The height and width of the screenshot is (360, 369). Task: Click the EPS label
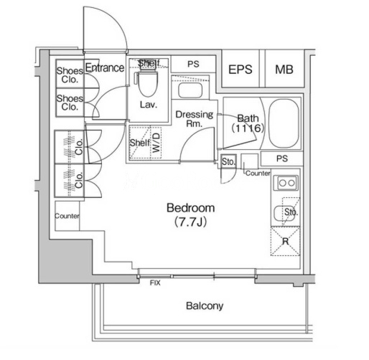pyautogui.click(x=240, y=70)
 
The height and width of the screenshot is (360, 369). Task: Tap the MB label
pyautogui.click(x=284, y=70)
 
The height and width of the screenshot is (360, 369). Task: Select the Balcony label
pyautogui.click(x=205, y=305)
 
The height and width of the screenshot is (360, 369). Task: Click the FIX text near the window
pyautogui.click(x=155, y=283)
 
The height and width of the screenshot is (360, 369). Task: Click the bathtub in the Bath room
pyautogui.click(x=284, y=123)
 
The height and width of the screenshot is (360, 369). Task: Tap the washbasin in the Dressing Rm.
pyautogui.click(x=190, y=90)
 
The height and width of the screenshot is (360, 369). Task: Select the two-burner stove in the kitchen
pyautogui.click(x=286, y=183)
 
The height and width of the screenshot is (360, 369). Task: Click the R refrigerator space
pyautogui.click(x=285, y=241)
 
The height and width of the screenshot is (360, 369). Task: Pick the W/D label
pyautogui.click(x=156, y=143)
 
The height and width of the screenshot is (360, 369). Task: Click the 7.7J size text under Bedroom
pyautogui.click(x=190, y=222)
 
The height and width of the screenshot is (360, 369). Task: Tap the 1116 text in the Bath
pyautogui.click(x=248, y=128)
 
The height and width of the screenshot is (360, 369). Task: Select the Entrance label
pyautogui.click(x=105, y=67)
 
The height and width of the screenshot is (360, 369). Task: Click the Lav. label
pyautogui.click(x=149, y=105)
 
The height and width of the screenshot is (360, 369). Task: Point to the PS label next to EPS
pyautogui.click(x=193, y=64)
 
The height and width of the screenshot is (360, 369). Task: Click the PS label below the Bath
pyautogui.click(x=282, y=158)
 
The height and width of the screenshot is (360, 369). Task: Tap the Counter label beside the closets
pyautogui.click(x=67, y=216)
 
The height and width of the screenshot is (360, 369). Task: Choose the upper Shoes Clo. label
pyautogui.click(x=70, y=75)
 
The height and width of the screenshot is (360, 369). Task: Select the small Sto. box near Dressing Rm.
pyautogui.click(x=228, y=161)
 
